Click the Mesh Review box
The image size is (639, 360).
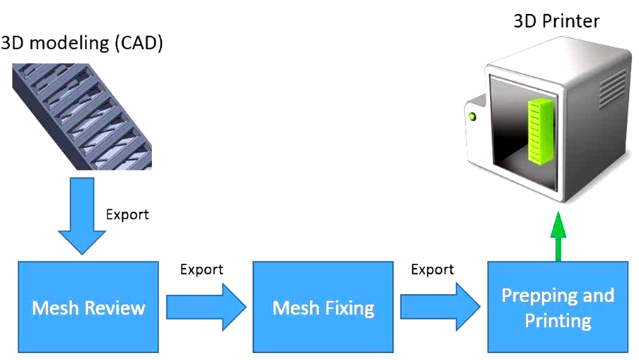point(88,307)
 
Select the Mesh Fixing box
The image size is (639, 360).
point(322,307)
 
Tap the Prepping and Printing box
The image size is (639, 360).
point(558,307)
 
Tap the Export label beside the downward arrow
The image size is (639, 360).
point(127,214)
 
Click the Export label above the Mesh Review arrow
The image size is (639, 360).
point(201,269)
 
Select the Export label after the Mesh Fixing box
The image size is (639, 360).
point(432,269)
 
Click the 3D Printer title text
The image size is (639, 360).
point(556,21)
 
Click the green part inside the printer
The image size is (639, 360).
point(539,129)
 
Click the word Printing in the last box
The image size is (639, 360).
point(558,320)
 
